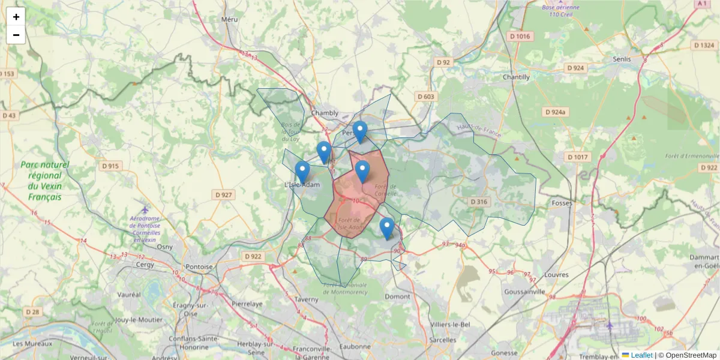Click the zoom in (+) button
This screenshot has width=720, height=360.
click(16, 17)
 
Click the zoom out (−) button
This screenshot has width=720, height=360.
click(16, 35)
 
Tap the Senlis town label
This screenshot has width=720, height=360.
click(622, 59)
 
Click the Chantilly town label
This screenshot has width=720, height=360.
click(516, 77)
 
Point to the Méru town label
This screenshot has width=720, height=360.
click(229, 19)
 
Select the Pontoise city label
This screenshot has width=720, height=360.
click(199, 266)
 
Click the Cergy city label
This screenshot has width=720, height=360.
click(145, 264)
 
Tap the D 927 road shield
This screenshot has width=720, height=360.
click(223, 194)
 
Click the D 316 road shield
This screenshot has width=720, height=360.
click(479, 202)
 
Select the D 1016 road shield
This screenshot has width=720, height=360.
click(520, 36)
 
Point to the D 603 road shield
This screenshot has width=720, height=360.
click(425, 97)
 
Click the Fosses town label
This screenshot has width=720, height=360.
click(562, 203)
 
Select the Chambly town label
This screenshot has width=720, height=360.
click(325, 113)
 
